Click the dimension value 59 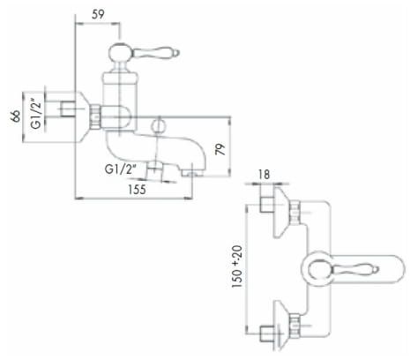pyautogui.click(x=98, y=14)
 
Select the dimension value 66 pyautogui.click(x=15, y=116)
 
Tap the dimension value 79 pyautogui.click(x=220, y=149)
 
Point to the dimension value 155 pyautogui.click(x=137, y=189)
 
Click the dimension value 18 pyautogui.click(x=264, y=174)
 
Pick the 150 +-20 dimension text pyautogui.click(x=237, y=266)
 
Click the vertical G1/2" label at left pyautogui.click(x=36, y=115)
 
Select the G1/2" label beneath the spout pyautogui.click(x=121, y=169)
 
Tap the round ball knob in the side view pyautogui.click(x=120, y=53)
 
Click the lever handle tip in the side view pyautogui.click(x=177, y=53)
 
